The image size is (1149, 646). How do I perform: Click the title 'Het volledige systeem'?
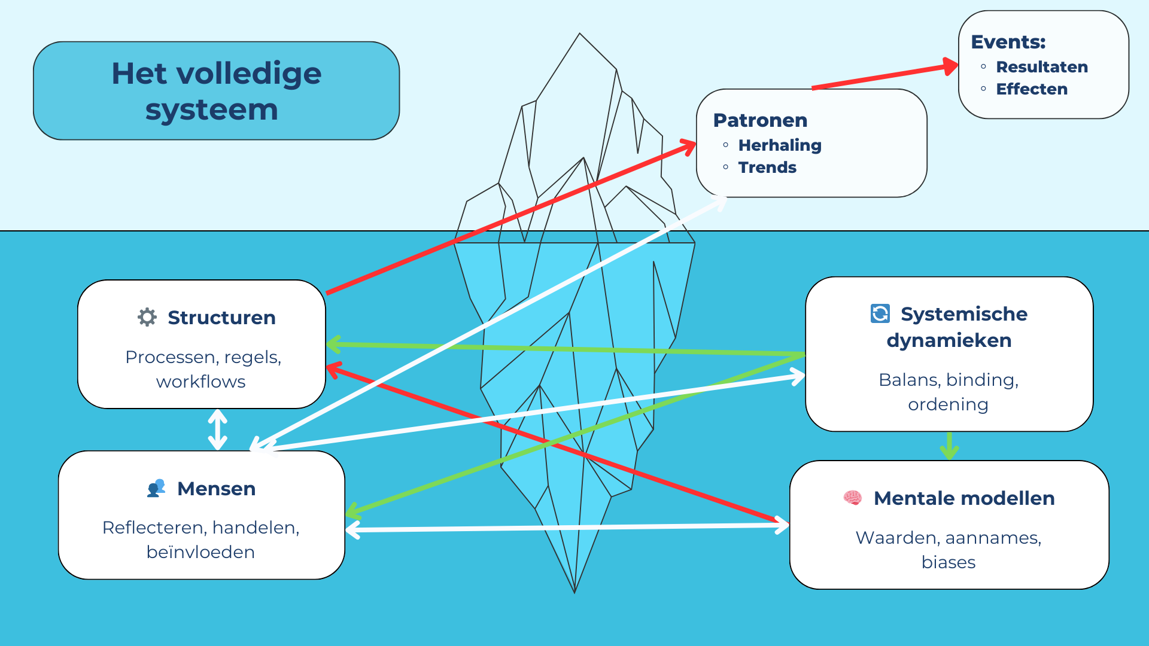pos(216,91)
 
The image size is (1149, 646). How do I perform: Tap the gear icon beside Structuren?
pos(147,317)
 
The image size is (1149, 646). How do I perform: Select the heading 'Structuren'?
pos(221,318)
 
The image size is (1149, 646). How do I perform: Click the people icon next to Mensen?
pos(156,488)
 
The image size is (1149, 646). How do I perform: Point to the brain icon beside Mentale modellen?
pos(853,498)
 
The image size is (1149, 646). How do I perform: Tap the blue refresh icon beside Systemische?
pos(880,313)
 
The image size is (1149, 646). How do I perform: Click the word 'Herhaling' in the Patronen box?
pos(779,145)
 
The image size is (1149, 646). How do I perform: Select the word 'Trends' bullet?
pos(767,167)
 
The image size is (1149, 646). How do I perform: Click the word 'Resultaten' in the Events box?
pos(1041,67)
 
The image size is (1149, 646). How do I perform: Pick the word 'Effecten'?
pos(1031,89)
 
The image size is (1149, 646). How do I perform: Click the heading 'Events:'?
pos(1008,42)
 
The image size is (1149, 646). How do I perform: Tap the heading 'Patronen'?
pos(760,120)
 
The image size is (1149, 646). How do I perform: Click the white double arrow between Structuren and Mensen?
pos(217,429)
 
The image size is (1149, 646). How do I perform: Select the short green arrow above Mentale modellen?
pos(949,446)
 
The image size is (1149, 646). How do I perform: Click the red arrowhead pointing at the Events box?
pos(950,66)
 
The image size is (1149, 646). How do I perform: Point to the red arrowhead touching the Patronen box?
pos(688,146)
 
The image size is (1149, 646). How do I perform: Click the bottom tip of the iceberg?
pos(574,591)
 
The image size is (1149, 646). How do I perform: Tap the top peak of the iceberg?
pos(579,35)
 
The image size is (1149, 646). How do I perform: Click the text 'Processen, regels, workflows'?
pos(202,369)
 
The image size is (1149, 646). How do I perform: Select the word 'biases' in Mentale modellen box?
pos(948,562)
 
